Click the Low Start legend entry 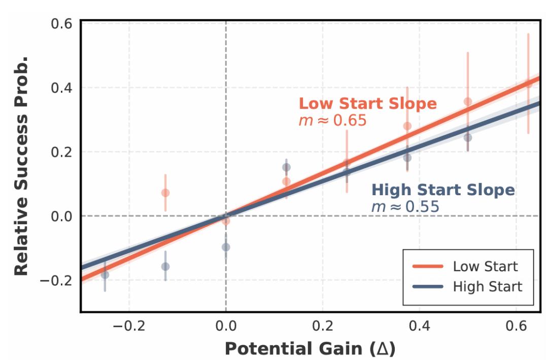click(x=485, y=266)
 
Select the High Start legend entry click(x=487, y=286)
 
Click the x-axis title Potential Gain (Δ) click(x=310, y=349)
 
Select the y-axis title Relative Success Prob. click(x=21, y=165)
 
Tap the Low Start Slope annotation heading click(x=367, y=103)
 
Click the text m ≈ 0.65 click(x=332, y=121)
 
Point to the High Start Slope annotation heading click(x=443, y=190)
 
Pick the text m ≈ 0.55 click(x=405, y=207)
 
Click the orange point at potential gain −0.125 click(x=165, y=193)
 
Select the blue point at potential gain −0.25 click(x=105, y=275)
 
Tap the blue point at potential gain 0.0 click(x=226, y=247)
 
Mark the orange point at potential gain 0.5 click(x=468, y=101)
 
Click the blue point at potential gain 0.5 click(x=468, y=137)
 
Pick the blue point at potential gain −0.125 click(x=165, y=267)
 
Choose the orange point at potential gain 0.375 click(x=407, y=126)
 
